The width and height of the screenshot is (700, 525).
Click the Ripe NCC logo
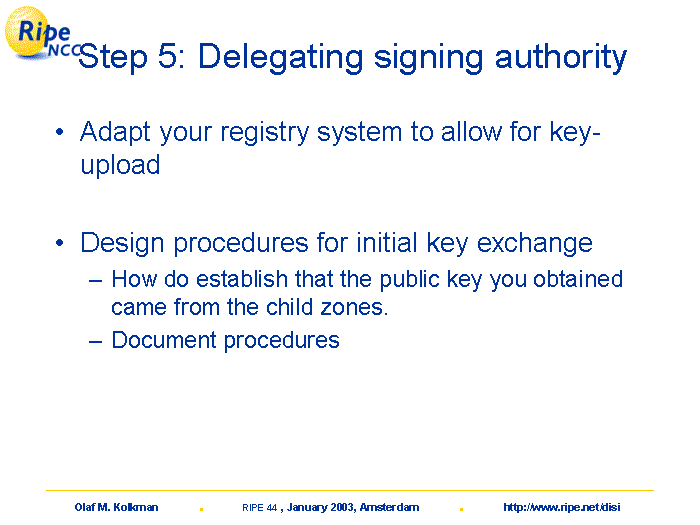pos(40,33)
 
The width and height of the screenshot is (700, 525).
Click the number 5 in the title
pos(168,56)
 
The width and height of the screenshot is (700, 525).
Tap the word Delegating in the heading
pos(280,58)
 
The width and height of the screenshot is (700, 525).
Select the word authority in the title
pos(561,58)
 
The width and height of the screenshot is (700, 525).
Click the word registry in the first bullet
pos(264,133)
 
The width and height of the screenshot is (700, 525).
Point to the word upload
pos(120,165)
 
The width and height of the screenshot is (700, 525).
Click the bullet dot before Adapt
pos(60,132)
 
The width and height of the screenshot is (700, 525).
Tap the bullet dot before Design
pos(60,243)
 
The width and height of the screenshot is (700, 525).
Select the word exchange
pos(534,244)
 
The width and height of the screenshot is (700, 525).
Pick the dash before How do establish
pos(96,281)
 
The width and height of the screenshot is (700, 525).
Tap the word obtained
pos(578,279)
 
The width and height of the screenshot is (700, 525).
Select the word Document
pos(164,340)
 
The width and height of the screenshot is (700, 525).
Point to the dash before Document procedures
pos(96,342)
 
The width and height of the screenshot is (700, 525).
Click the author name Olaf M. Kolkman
pos(117,507)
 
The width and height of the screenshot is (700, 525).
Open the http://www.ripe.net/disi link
pos(562,507)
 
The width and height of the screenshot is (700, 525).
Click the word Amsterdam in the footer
pos(389,507)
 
